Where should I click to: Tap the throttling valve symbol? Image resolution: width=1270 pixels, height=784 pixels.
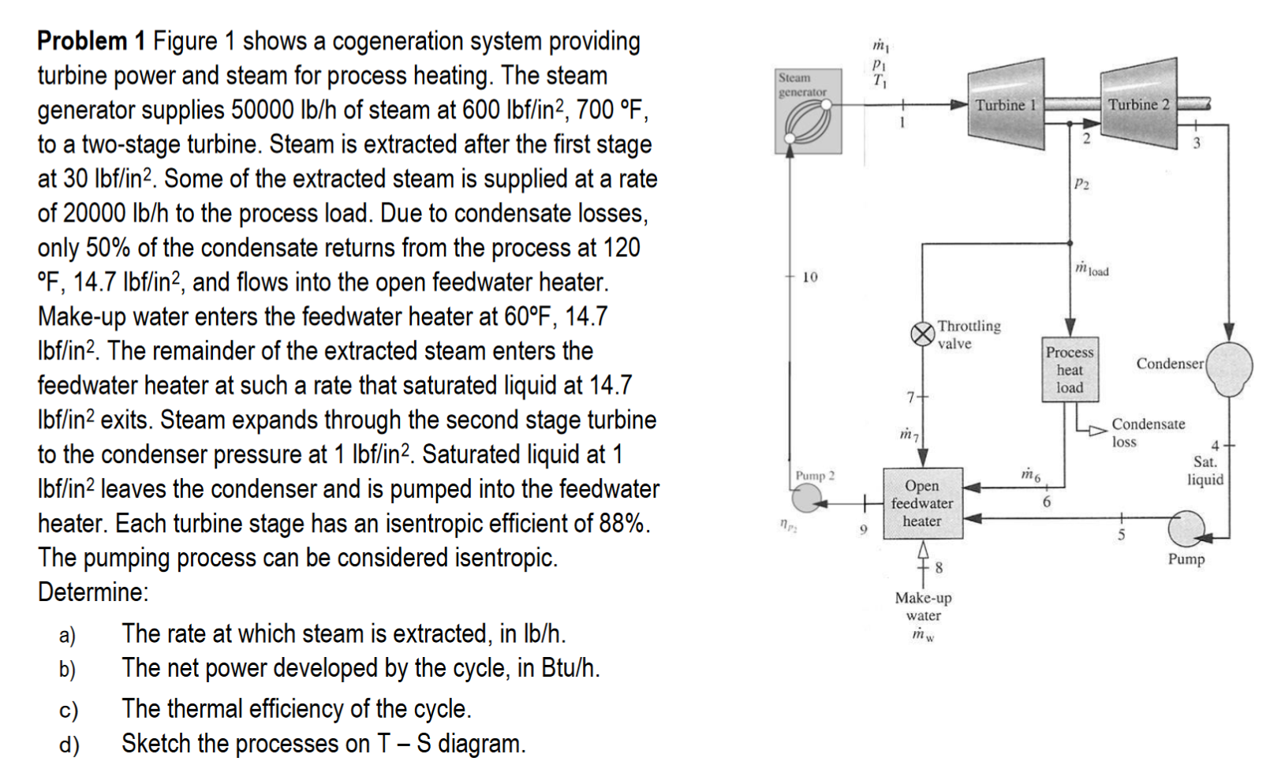922,334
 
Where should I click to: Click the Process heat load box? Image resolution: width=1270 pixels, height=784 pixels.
1070,370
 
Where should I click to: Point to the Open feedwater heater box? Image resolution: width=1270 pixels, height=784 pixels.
922,503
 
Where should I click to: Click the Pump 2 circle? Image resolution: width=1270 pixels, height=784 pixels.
806,498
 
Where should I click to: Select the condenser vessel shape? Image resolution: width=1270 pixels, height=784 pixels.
1229,368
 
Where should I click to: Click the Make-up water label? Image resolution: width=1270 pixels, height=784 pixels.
923,607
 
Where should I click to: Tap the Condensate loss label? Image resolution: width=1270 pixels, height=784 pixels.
1147,432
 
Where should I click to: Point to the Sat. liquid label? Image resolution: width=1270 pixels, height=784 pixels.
1205,470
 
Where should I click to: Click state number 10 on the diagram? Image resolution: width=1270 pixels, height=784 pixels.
810,277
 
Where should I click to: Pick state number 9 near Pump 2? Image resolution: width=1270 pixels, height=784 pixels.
863,529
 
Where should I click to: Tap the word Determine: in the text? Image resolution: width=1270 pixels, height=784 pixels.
93,592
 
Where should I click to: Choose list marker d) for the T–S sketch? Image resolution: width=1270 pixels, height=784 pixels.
69,744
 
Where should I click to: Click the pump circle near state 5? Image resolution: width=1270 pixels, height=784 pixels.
1186,528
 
